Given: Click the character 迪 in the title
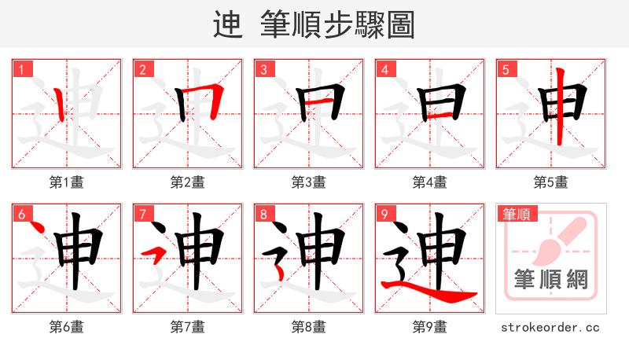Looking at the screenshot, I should coord(227,26).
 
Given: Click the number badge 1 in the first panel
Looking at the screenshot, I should coord(21,69).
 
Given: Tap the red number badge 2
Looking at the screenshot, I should coord(142,69).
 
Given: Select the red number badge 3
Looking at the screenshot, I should coord(263,69).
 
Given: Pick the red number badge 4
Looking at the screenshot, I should coord(384,69).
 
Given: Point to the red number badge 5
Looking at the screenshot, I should coord(506,69).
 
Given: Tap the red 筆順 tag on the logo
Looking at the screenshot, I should coord(515,213).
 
